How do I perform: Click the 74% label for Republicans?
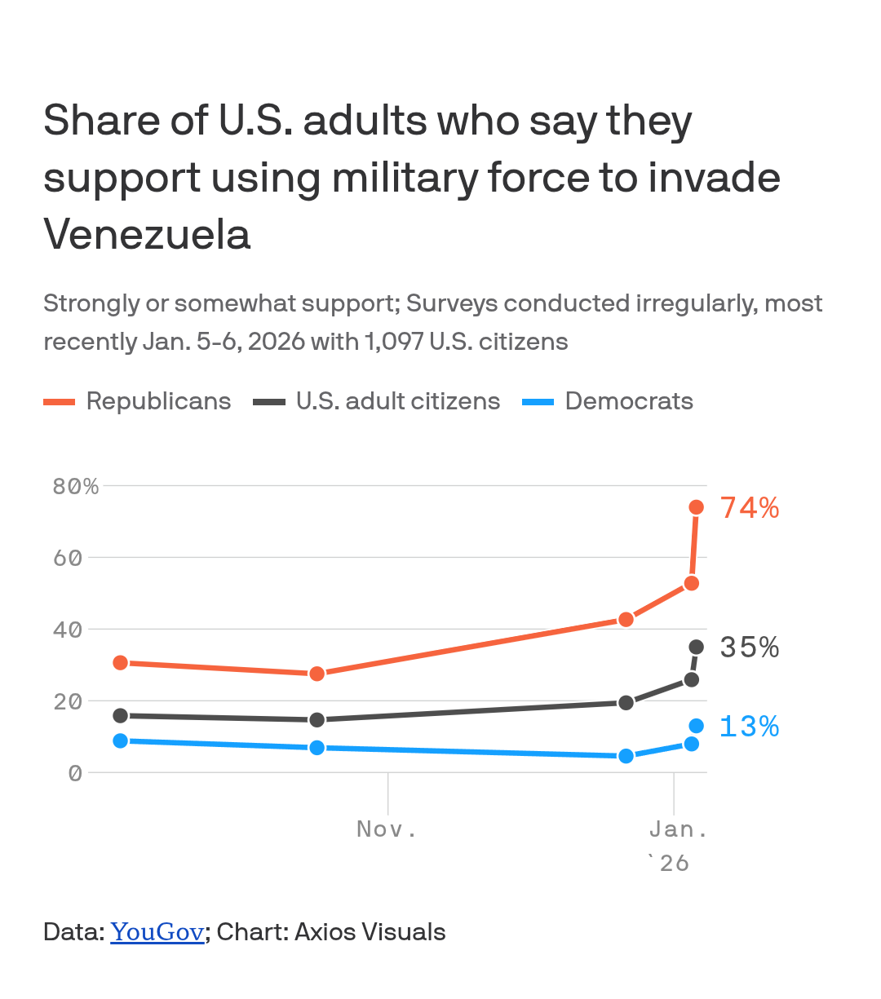coord(749,508)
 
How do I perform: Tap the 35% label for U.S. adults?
coord(749,648)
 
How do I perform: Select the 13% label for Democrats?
coord(749,726)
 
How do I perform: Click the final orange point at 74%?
coord(696,507)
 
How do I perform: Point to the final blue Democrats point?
coord(696,726)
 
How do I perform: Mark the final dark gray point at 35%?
coord(696,647)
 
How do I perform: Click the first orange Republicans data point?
coord(121,662)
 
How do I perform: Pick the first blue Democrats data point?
coord(121,740)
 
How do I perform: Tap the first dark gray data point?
coord(121,715)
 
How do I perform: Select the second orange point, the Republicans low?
coord(317,674)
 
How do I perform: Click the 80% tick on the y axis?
coord(75,487)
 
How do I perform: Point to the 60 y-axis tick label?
coord(68,558)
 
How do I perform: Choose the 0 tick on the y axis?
coord(75,772)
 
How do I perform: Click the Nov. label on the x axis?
coord(387,829)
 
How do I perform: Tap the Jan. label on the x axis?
coord(678,829)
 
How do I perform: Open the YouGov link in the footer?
coord(157,931)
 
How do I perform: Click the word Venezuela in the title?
coord(147,235)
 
